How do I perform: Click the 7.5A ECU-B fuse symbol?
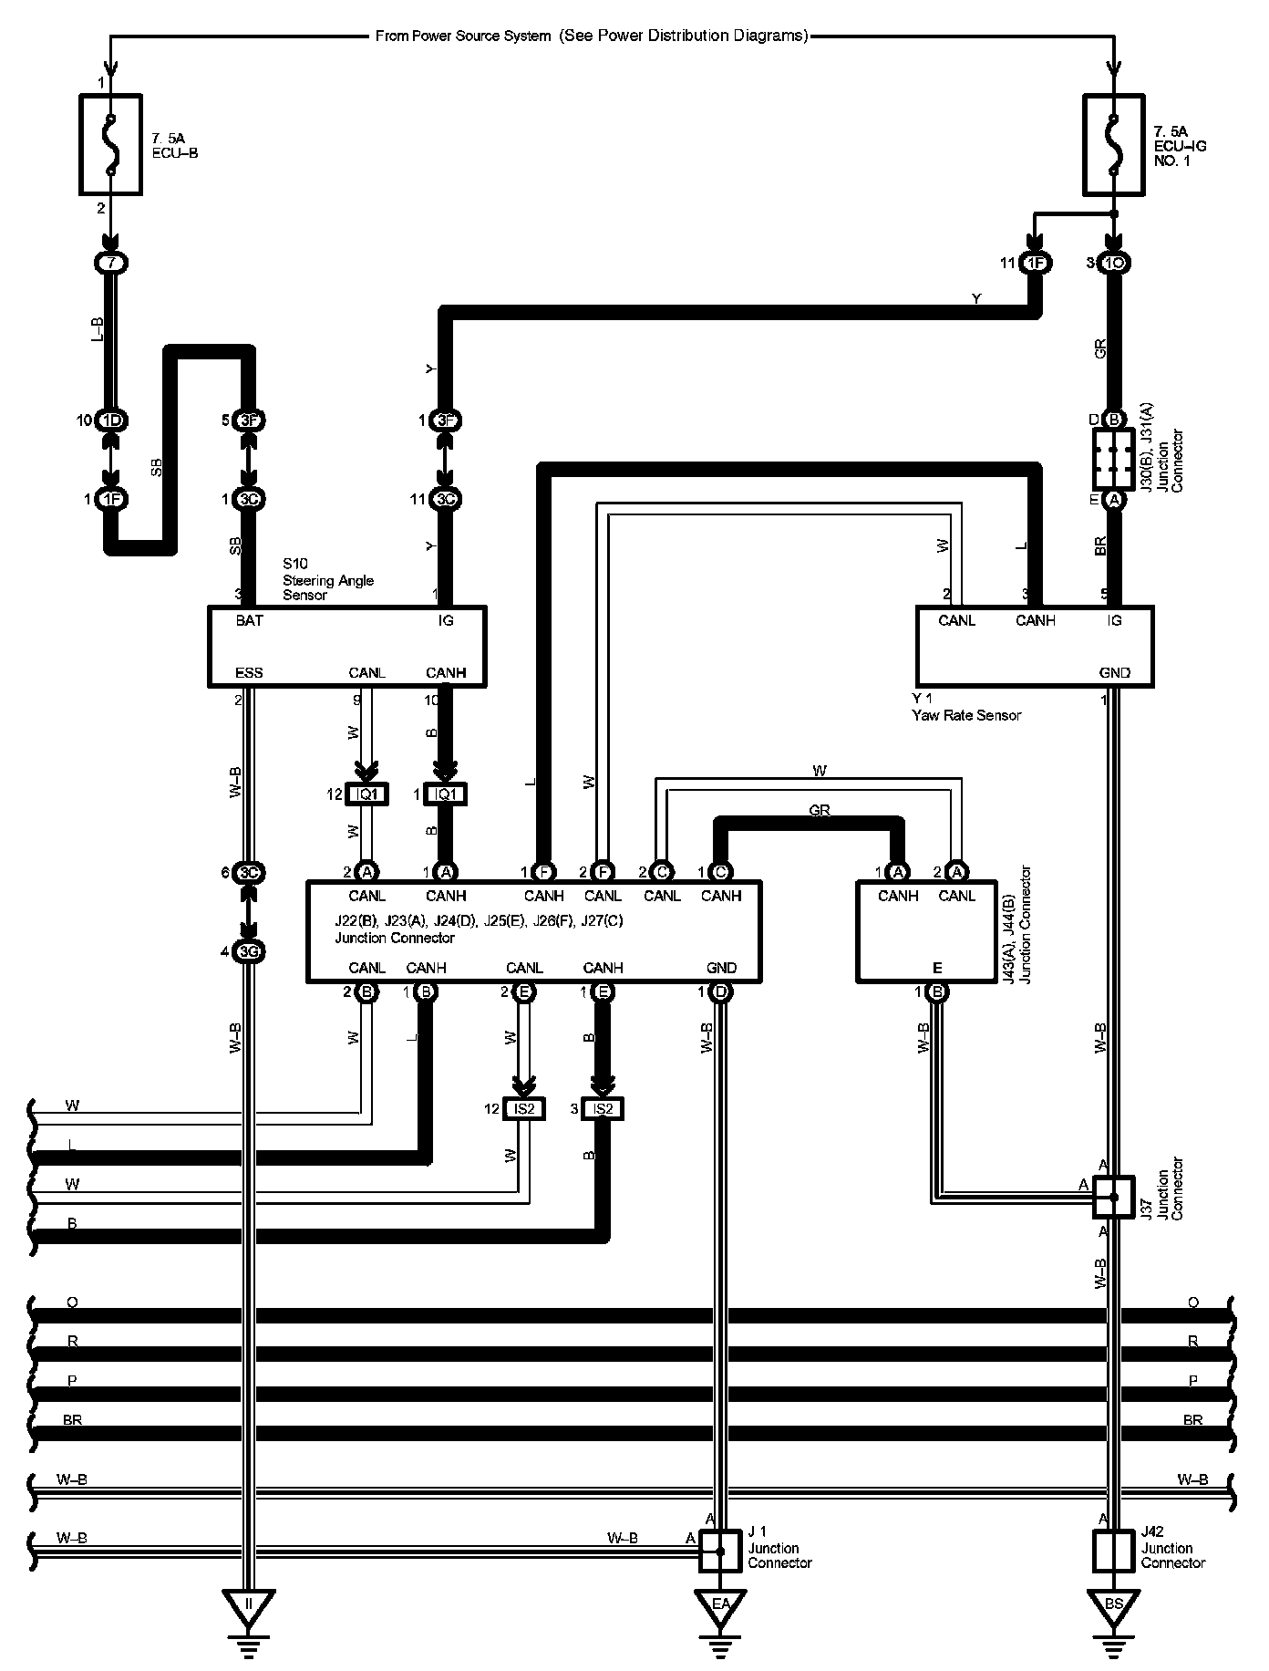pyautogui.click(x=110, y=143)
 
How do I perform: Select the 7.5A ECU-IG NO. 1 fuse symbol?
pyautogui.click(x=1113, y=144)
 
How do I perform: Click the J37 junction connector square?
pyautogui.click(x=1113, y=1196)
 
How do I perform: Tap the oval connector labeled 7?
pyautogui.click(x=111, y=264)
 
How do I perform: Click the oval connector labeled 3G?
pyautogui.click(x=248, y=952)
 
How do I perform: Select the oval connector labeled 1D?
pyautogui.click(x=111, y=420)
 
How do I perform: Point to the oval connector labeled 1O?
pyautogui.click(x=1113, y=264)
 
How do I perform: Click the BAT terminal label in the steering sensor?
pyautogui.click(x=249, y=621)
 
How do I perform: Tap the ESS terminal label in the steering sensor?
pyautogui.click(x=249, y=673)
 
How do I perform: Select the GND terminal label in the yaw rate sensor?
pyautogui.click(x=1114, y=673)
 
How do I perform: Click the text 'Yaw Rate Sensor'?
pyautogui.click(x=966, y=715)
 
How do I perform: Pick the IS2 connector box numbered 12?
pyautogui.click(x=524, y=1109)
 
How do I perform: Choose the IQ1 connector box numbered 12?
pyautogui.click(x=366, y=794)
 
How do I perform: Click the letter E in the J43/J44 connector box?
pyautogui.click(x=937, y=969)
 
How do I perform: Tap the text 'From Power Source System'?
pyautogui.click(x=463, y=36)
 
